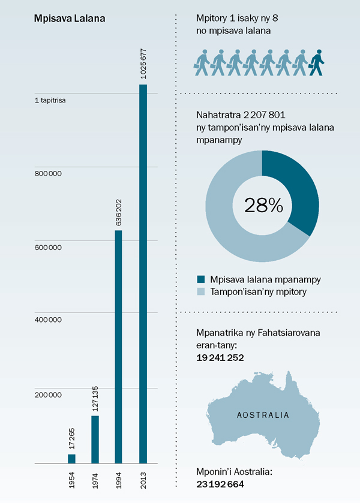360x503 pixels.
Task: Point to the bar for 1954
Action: point(71,459)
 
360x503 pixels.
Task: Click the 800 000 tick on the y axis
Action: point(49,173)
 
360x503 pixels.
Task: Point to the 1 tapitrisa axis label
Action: point(50,100)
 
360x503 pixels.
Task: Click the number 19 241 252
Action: point(220,357)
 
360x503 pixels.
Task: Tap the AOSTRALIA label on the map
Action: point(263,415)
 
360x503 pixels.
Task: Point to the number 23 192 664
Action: point(220,484)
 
